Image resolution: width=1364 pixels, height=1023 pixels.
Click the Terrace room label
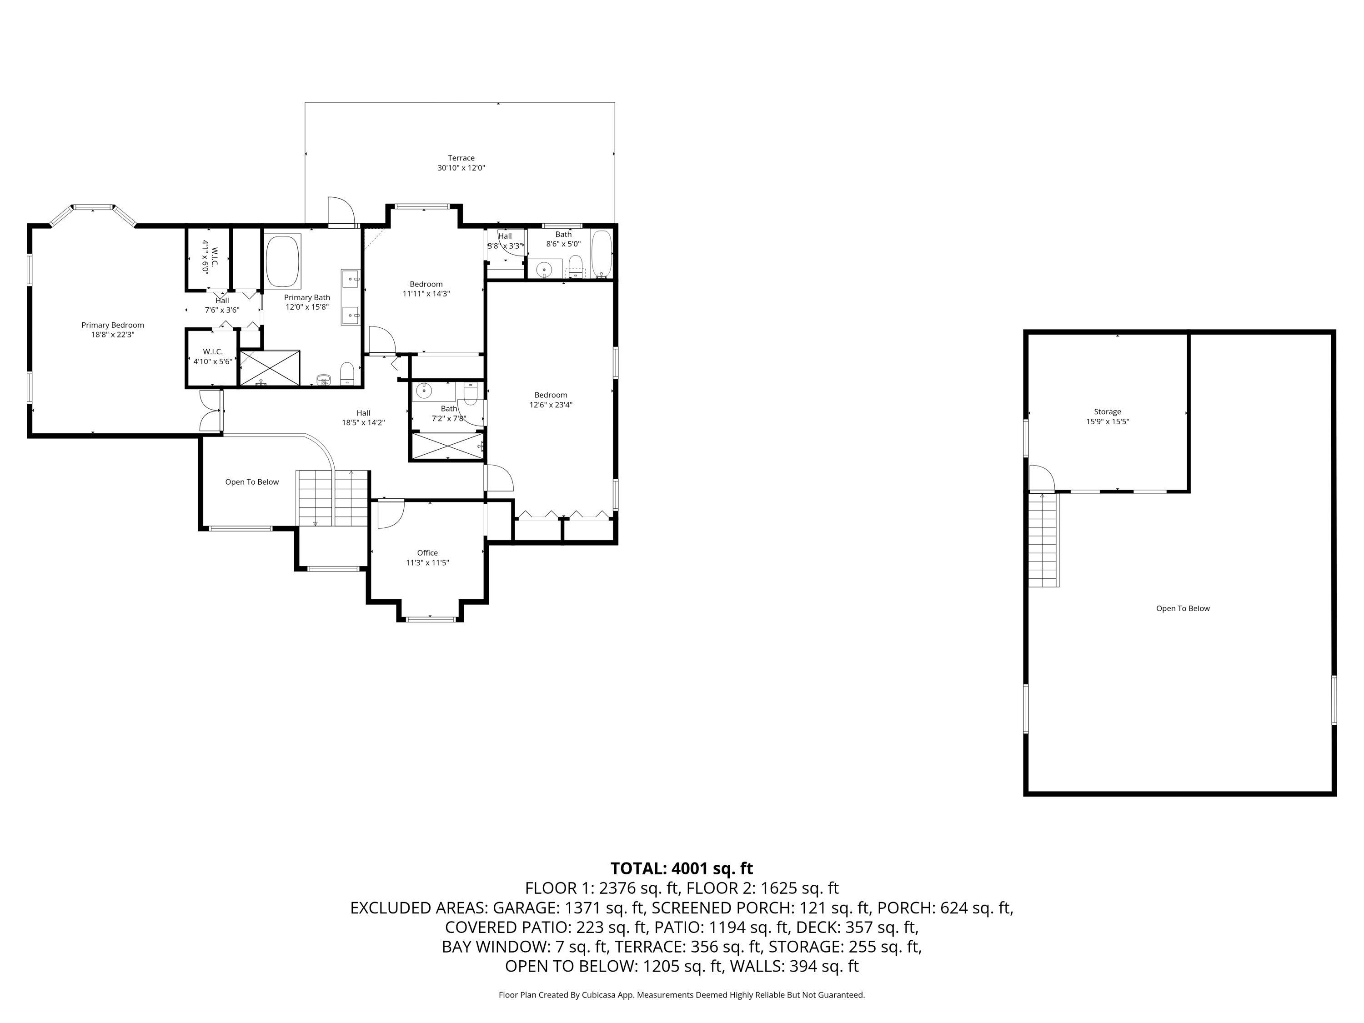tap(461, 158)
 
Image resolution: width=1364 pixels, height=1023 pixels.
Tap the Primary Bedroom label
tap(113, 325)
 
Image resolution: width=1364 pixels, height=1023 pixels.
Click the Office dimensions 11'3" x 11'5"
tap(427, 562)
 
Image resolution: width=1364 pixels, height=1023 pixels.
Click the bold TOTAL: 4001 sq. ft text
tap(682, 868)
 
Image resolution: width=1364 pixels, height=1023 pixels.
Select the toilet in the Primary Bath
tap(347, 372)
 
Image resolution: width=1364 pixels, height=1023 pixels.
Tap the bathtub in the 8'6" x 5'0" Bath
tap(601, 253)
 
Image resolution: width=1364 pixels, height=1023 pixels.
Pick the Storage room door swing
tap(1041, 477)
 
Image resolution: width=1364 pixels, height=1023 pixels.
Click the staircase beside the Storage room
tap(1043, 540)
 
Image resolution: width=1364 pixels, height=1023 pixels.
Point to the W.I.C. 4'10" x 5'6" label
tap(212, 356)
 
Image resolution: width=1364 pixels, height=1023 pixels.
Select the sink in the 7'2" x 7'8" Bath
tap(424, 390)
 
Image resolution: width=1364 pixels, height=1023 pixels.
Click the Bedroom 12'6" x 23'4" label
tap(550, 400)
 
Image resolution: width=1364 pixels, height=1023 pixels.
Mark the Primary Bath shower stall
tap(270, 368)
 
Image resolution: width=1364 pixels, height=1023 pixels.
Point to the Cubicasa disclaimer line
tap(682, 995)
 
